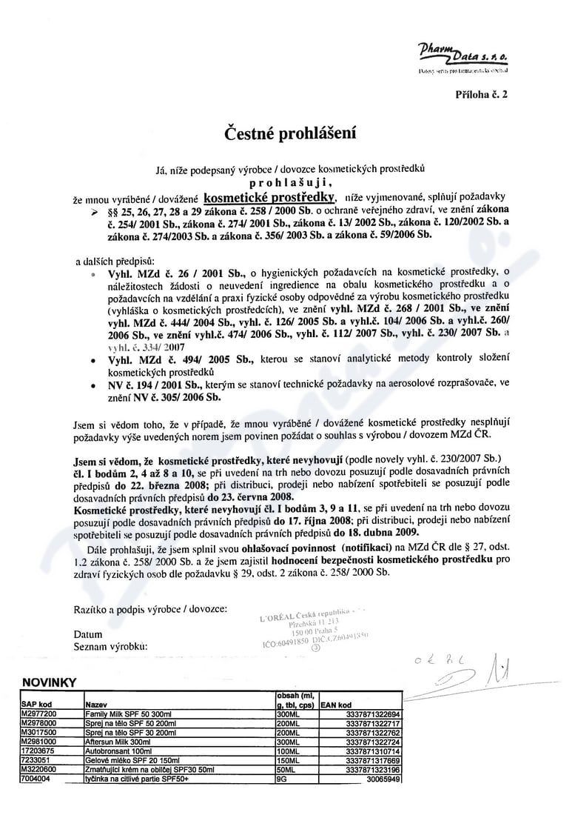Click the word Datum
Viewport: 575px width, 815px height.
pos(88,635)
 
